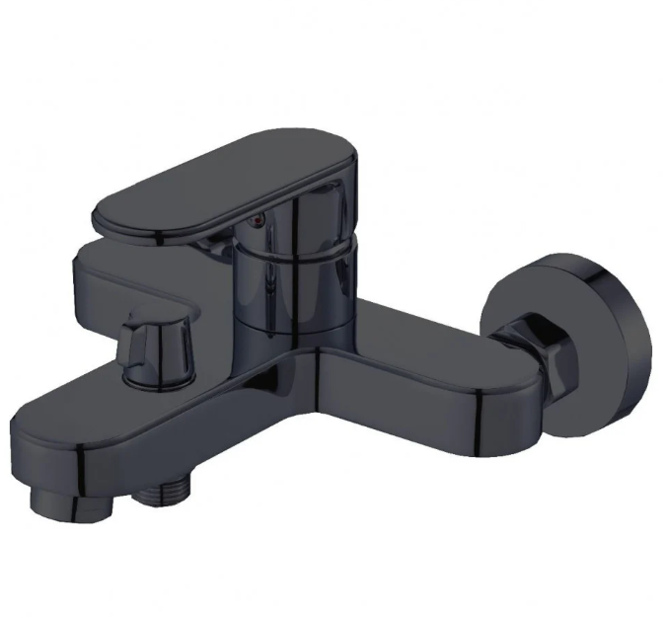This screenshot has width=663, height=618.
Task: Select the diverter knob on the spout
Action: click(x=155, y=346)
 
